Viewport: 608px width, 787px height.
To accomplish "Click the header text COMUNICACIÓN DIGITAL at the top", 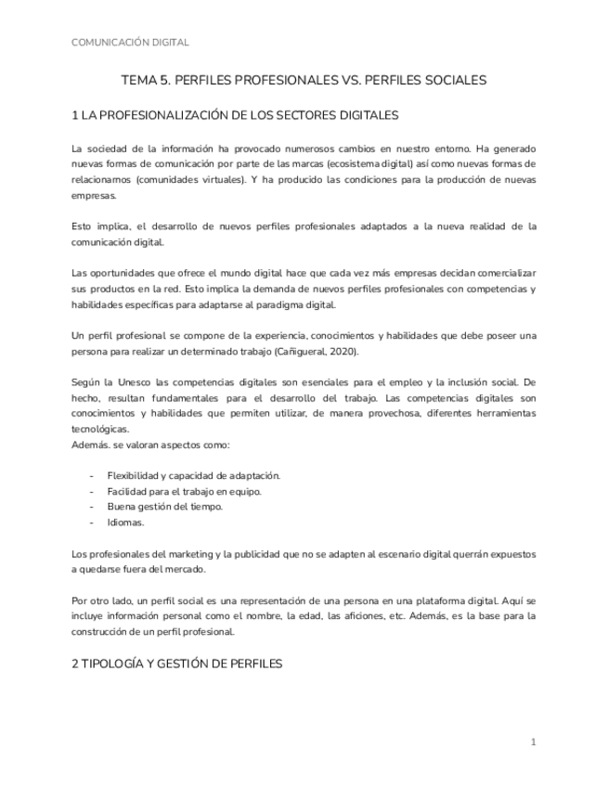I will tap(130, 43).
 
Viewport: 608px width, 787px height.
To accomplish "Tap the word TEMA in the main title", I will tap(140, 81).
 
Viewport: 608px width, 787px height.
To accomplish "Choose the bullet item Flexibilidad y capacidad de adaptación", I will tap(193, 476).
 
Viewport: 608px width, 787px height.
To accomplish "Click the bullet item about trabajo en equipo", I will tap(184, 491).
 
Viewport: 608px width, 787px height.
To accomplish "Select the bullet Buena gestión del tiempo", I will tap(164, 507).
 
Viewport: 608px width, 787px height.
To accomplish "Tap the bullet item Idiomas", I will tap(125, 523).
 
